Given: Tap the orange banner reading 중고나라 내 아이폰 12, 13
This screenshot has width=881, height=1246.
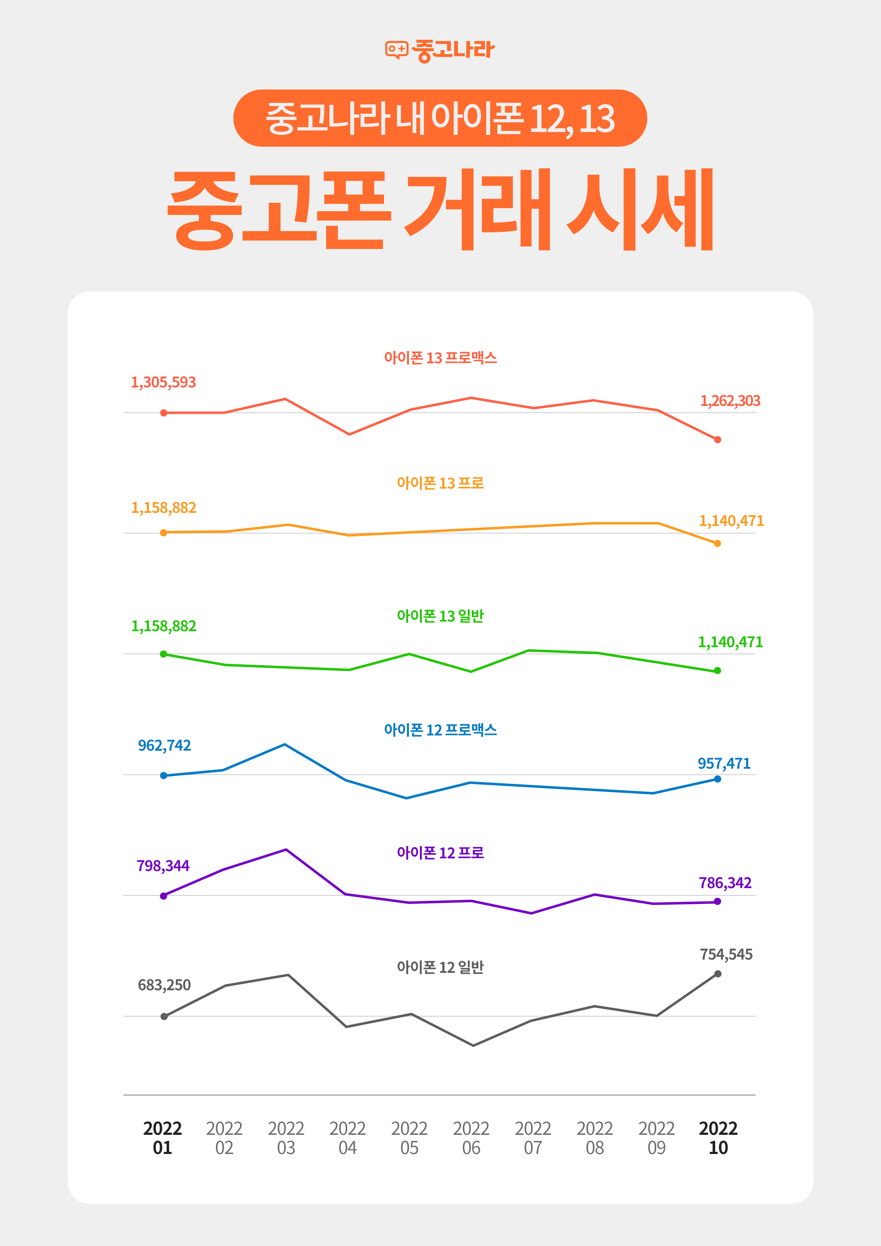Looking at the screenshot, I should coord(440,118).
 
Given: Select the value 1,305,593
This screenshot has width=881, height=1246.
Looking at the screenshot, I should coord(163,383).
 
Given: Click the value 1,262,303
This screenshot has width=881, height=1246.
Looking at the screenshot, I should coord(730,401).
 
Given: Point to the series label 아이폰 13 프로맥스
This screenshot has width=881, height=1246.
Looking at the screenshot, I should coord(440,358).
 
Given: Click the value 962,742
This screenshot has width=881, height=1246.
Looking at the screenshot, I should coord(164,746).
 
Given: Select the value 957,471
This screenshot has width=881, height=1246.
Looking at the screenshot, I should coord(724,764).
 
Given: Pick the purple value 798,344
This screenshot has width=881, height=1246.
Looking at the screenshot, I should coord(163,866).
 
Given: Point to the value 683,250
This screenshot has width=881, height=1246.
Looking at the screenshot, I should coord(164,985).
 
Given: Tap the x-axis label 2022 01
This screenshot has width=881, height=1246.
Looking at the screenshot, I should coord(162,1138).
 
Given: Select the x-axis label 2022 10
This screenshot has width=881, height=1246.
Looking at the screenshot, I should coord(718,1138).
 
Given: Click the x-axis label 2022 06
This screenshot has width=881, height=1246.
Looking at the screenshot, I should coord(471,1138).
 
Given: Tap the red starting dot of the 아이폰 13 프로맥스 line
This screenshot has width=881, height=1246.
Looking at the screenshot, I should coord(164,413).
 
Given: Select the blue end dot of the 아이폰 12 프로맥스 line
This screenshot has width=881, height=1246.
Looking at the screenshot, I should coord(718,779).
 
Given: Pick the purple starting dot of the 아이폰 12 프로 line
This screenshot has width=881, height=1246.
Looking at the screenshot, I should coord(163,896).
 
